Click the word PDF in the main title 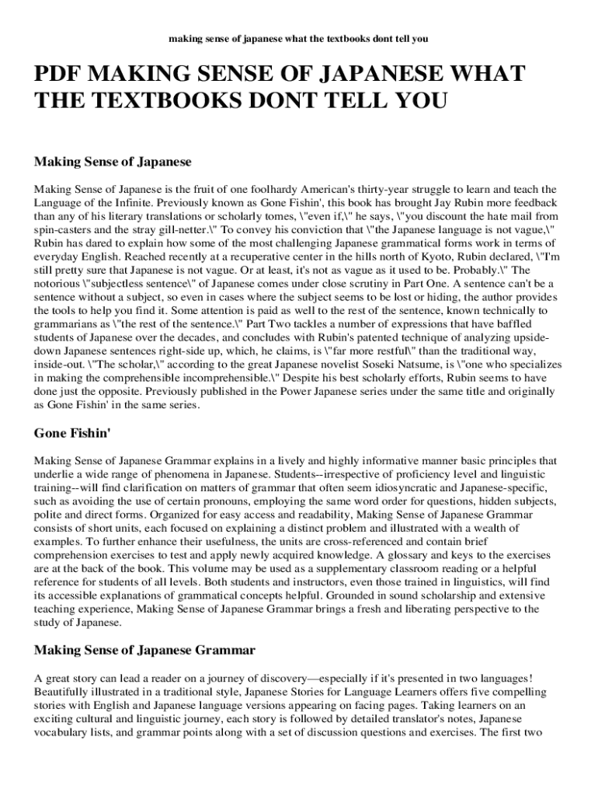click(59, 78)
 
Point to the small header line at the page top click(298, 37)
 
